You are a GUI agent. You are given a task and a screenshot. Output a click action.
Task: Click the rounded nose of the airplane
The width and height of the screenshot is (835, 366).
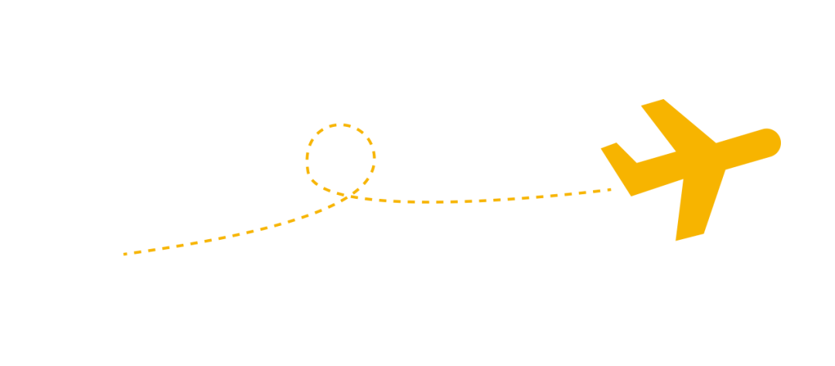click(773, 142)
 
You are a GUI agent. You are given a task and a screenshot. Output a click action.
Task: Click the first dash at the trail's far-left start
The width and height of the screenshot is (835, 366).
click(125, 253)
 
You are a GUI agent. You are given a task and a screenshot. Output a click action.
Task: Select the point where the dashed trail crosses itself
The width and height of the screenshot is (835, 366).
click(352, 196)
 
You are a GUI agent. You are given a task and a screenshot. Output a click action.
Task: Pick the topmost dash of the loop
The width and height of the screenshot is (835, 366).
click(340, 125)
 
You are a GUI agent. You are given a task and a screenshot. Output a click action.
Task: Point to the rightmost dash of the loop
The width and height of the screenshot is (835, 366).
click(374, 157)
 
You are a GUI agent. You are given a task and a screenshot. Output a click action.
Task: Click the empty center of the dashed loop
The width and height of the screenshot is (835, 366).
click(340, 158)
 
